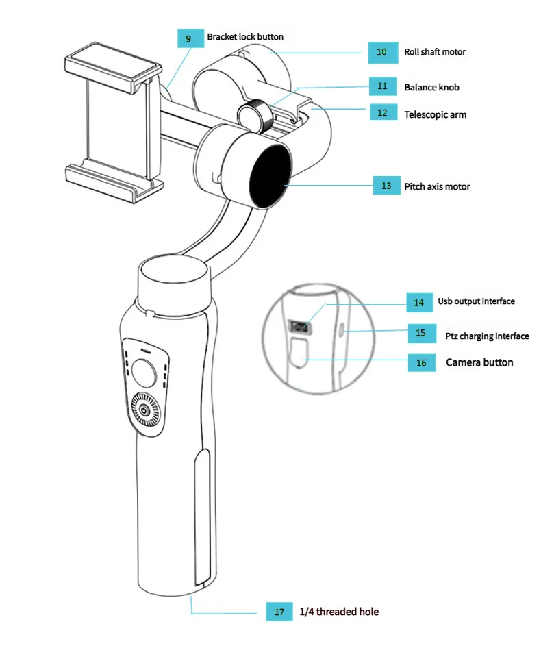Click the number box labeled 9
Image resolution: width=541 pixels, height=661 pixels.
(189, 38)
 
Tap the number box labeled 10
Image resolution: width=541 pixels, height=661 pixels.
(382, 52)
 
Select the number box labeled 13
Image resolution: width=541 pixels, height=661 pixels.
(386, 186)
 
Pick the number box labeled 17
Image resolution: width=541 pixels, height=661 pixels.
(279, 612)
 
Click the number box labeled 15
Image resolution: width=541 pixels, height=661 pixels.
(420, 333)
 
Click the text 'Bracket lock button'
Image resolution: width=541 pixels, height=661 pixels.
(245, 36)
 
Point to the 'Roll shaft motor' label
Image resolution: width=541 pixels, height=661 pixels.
(435, 52)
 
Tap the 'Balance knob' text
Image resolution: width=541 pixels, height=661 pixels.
(431, 87)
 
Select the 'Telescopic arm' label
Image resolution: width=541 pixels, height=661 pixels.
(435, 114)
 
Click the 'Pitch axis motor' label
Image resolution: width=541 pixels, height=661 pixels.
(437, 186)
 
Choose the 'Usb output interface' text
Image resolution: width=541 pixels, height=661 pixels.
(476, 301)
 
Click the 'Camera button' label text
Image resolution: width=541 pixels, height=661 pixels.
(479, 362)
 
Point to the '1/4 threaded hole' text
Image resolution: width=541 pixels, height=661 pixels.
(339, 612)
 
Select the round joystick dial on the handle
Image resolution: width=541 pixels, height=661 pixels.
(144, 410)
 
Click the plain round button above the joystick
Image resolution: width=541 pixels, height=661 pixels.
(144, 373)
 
